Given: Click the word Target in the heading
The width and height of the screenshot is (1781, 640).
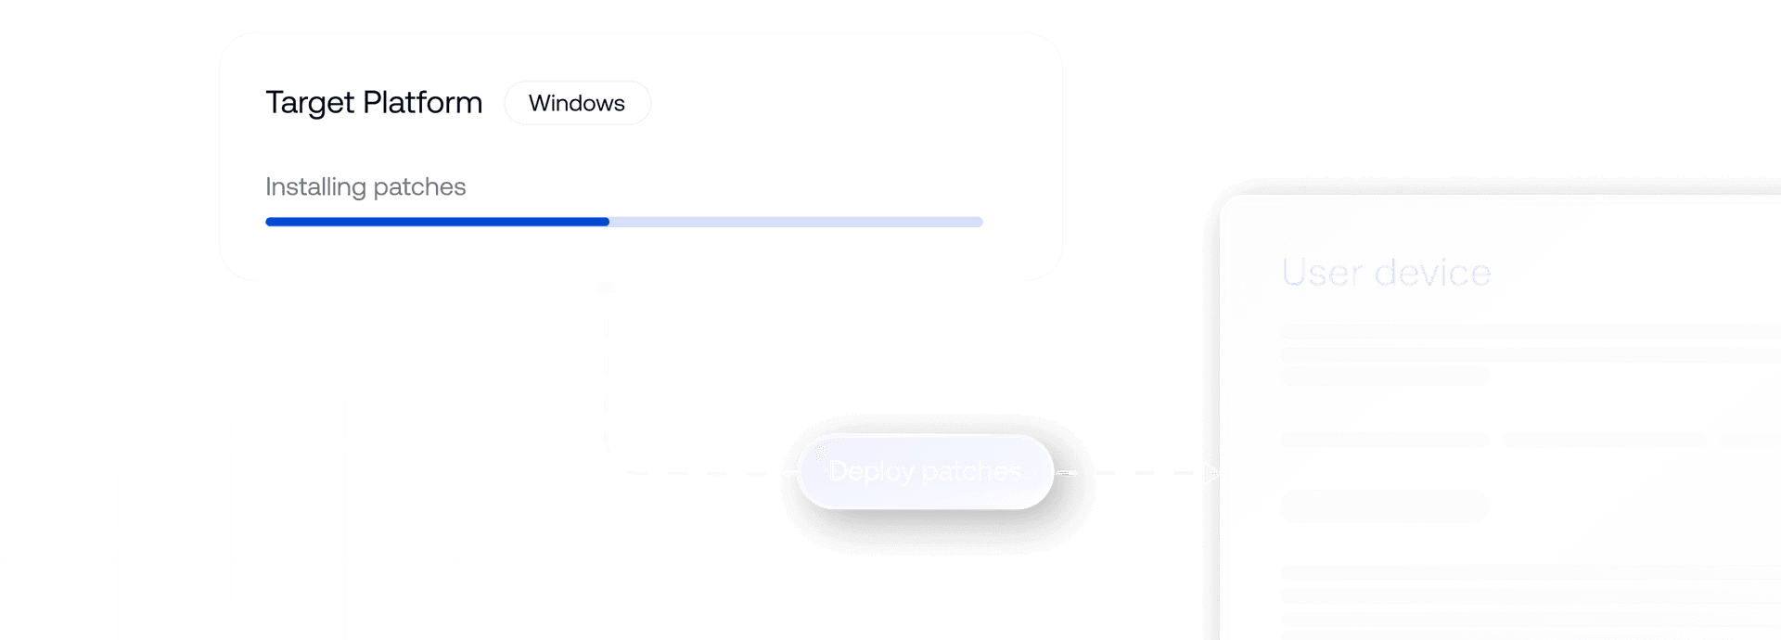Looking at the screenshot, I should (310, 103).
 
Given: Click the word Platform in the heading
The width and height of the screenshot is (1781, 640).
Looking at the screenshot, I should (422, 102).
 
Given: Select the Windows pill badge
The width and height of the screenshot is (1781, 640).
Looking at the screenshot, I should (577, 103).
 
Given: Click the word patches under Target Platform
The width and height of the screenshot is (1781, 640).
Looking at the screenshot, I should (419, 187).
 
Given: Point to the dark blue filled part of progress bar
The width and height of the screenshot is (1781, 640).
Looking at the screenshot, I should (436, 222).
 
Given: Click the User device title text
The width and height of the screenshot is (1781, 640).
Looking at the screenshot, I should (1386, 273).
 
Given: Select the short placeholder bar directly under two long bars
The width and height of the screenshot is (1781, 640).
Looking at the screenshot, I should (1384, 377).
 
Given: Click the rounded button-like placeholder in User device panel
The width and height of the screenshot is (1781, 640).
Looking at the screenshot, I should (1384, 506).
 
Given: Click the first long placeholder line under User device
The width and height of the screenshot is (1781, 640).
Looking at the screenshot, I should (1531, 331).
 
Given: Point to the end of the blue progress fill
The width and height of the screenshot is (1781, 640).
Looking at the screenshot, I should (608, 222).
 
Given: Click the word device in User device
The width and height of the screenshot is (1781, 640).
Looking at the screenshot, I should (1432, 273).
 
